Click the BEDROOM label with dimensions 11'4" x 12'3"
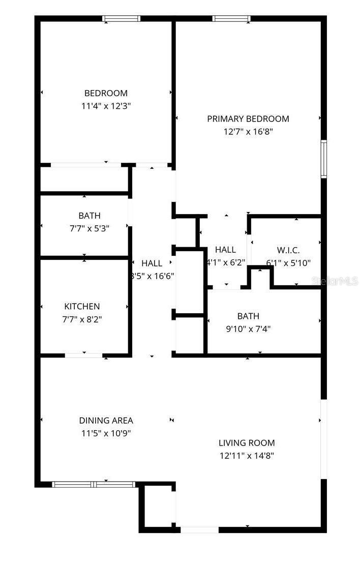[106, 93]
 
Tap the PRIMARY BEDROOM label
[248, 119]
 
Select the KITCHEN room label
[82, 306]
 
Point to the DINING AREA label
[106, 420]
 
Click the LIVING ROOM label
[247, 442]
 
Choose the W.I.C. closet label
[288, 250]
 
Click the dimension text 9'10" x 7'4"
[248, 329]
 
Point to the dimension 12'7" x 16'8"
[248, 131]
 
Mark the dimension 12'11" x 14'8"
[247, 456]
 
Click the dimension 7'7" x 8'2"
[82, 319]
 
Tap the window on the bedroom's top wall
[121, 19]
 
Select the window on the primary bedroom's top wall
[231, 19]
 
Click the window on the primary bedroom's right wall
[323, 159]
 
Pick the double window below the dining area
[94, 485]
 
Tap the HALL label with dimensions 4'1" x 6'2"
[225, 250]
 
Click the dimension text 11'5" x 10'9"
[106, 433]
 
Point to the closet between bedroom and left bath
[84, 179]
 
